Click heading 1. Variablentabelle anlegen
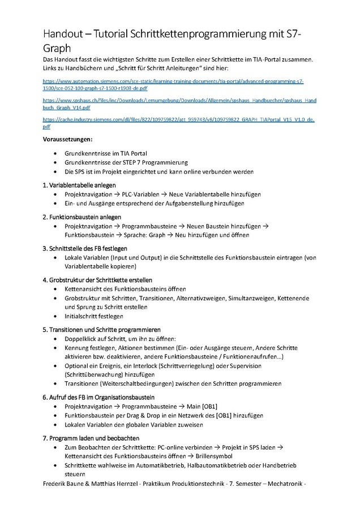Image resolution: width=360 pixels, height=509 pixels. coord(79,185)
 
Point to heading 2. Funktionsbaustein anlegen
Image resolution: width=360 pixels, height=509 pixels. coord(82,217)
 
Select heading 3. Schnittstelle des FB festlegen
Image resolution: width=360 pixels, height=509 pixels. coord(85,248)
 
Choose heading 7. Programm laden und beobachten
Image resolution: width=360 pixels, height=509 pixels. coord(91,438)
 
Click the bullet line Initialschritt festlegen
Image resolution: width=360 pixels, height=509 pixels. coord(94,316)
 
